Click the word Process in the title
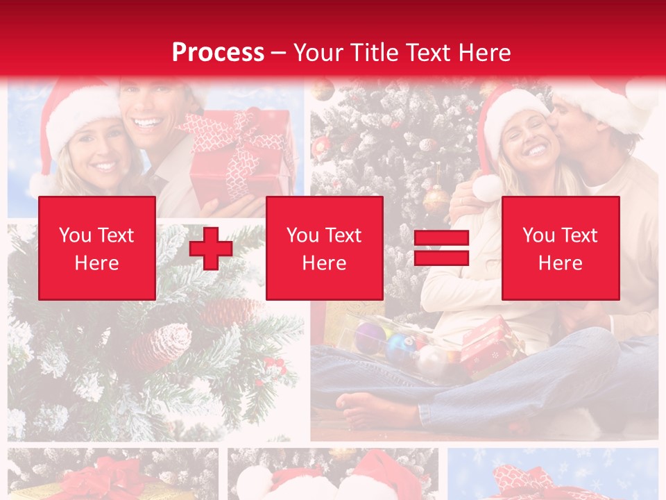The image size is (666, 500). pos(218,53)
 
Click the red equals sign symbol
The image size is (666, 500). pos(441,248)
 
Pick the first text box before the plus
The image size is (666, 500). pos(97,248)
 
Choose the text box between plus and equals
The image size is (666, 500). pos(324,248)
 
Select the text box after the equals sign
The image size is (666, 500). pos(560,248)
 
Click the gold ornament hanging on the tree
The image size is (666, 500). pos(436,200)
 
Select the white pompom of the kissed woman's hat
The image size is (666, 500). pos(486,188)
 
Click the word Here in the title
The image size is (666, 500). pos(484,53)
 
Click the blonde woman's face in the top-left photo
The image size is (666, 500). pos(94,149)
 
